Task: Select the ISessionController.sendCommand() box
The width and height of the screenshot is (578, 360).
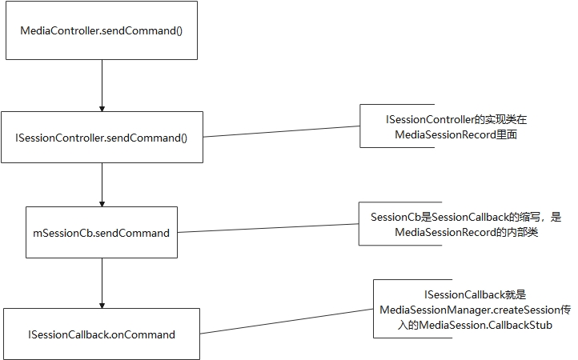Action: point(101,137)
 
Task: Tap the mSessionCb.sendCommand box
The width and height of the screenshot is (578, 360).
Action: point(101,233)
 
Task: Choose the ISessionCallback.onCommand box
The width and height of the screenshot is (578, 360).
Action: point(101,334)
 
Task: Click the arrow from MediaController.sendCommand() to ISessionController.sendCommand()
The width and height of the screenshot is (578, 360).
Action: point(102,85)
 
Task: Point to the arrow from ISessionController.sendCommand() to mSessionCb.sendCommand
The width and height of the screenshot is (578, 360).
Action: point(102,184)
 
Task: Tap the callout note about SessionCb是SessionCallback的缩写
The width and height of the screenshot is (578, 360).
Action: point(467,224)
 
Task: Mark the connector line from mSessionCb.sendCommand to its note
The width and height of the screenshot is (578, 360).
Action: point(268,229)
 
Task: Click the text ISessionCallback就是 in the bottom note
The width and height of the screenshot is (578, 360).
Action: point(473,294)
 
